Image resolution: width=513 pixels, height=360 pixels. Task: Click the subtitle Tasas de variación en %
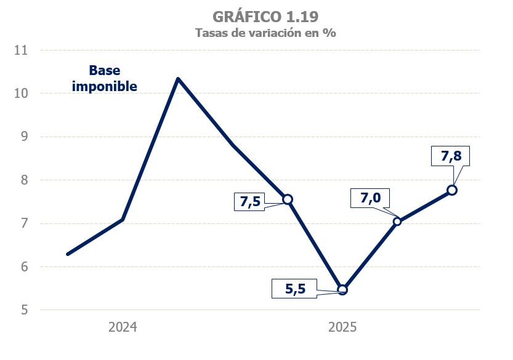pyautogui.click(x=265, y=33)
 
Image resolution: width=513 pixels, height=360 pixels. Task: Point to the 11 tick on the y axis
pyautogui.click(x=22, y=50)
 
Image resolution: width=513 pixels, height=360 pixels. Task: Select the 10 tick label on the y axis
pyautogui.click(x=22, y=94)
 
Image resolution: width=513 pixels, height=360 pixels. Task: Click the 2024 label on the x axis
pyautogui.click(x=123, y=327)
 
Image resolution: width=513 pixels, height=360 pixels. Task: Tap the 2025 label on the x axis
pyautogui.click(x=342, y=327)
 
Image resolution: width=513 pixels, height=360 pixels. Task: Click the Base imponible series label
pyautogui.click(x=105, y=78)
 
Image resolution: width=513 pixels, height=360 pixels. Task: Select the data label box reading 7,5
pyautogui.click(x=249, y=202)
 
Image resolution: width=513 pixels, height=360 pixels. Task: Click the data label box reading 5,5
pyautogui.click(x=295, y=287)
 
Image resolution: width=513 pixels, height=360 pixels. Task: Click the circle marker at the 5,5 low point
pyautogui.click(x=342, y=290)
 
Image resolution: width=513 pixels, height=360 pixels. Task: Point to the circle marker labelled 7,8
pyautogui.click(x=452, y=190)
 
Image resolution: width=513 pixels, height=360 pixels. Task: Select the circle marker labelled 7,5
pyautogui.click(x=288, y=199)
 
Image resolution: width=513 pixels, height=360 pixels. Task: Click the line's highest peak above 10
pyautogui.click(x=177, y=79)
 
